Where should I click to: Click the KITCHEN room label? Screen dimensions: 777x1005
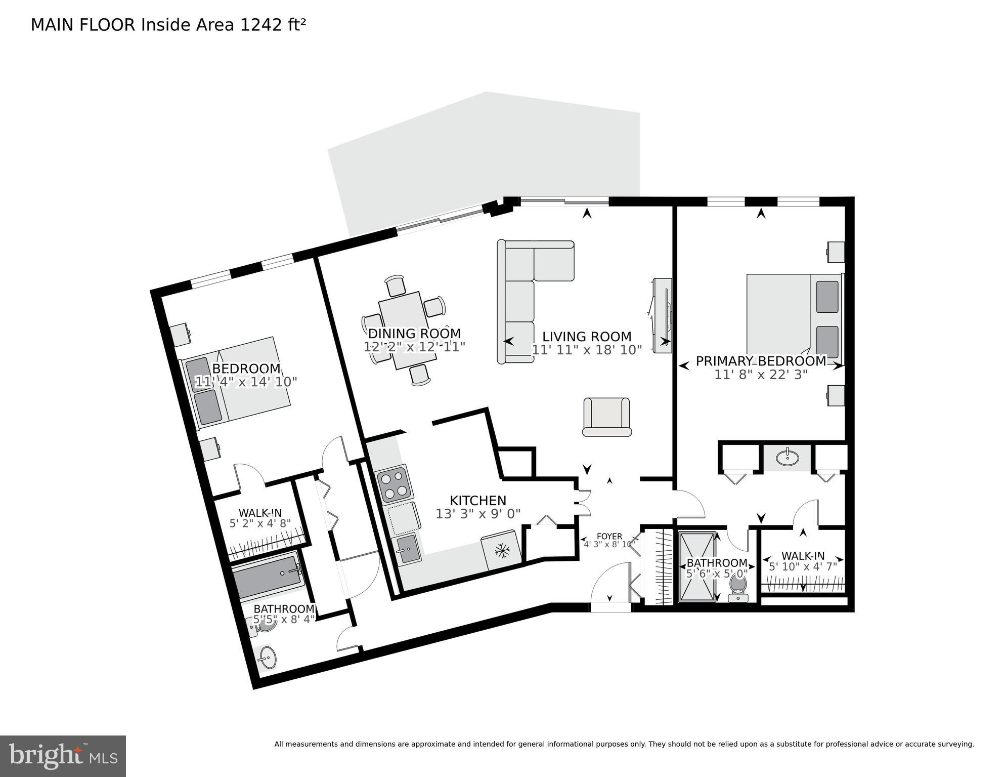coord(477,501)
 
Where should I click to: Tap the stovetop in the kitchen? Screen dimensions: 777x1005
coord(394,484)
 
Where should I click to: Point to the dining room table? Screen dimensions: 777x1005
coord(407,330)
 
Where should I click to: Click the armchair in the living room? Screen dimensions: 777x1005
coord(606,417)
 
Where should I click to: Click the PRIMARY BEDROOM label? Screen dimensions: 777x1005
coord(761,361)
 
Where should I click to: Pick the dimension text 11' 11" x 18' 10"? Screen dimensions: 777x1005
coord(586,350)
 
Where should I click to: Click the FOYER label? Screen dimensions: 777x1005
coord(609,537)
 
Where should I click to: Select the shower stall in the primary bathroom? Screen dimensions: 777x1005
coord(697,566)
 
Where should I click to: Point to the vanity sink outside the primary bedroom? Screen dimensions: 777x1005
coord(787,458)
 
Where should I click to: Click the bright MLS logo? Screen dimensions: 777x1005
coord(63,756)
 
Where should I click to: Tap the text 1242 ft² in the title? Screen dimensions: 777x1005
coord(273,25)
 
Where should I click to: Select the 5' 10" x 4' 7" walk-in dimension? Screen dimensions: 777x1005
coord(803,566)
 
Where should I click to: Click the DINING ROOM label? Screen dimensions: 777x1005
coord(414,334)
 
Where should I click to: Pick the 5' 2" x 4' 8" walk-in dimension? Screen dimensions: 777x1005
coord(260,523)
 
